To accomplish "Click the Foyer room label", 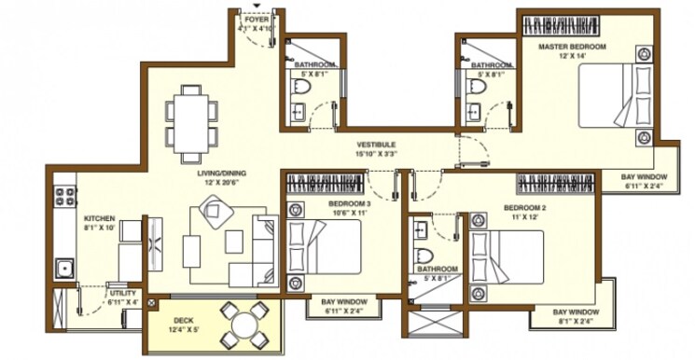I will pos(255,18).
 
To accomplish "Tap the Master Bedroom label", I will pos(572,46).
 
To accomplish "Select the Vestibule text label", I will pos(376,145).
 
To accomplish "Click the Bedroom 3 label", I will pos(349,202).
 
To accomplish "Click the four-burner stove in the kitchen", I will pos(65,197).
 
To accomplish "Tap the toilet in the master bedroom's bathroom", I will pos(479,89).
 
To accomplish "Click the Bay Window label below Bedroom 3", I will pos(342,302).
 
